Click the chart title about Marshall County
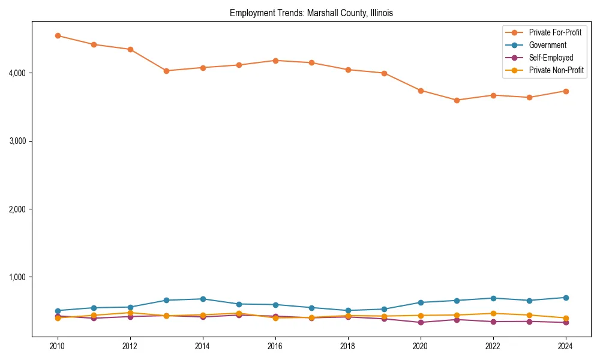click(x=311, y=13)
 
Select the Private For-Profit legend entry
click(x=555, y=32)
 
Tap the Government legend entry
click(x=547, y=45)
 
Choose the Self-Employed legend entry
click(x=551, y=58)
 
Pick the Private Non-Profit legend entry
click(x=556, y=70)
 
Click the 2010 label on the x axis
click(x=58, y=346)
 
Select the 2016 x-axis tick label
click(x=275, y=346)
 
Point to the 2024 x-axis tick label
click(x=565, y=346)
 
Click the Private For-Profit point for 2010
click(x=58, y=35)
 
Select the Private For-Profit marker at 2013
click(x=166, y=71)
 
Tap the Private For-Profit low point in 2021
click(x=457, y=100)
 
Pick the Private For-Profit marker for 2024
click(x=565, y=91)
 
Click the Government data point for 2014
click(x=203, y=299)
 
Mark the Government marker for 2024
click(x=565, y=298)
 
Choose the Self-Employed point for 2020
click(x=421, y=322)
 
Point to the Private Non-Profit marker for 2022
click(x=493, y=313)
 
